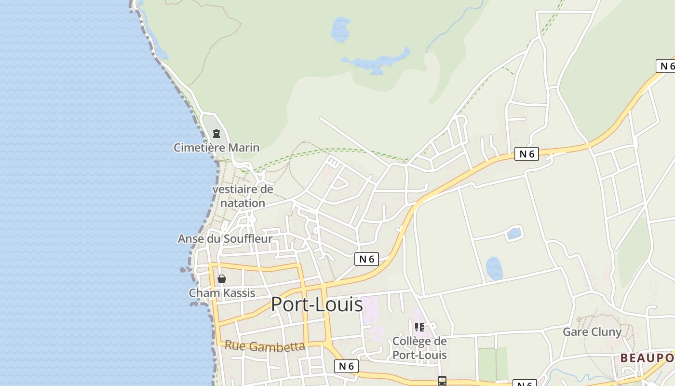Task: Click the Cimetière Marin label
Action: [216, 148]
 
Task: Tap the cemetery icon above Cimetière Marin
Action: [216, 134]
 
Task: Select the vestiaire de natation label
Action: [243, 196]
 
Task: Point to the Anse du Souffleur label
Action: [225, 239]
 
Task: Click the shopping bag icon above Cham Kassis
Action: [222, 279]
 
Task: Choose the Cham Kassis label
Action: [222, 293]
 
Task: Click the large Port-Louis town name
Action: [316, 304]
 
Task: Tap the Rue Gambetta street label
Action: [265, 346]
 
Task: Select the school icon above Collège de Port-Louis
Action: [419, 327]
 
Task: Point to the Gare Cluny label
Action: [592, 332]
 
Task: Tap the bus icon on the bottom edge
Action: [442, 381]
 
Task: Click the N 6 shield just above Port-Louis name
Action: [366, 259]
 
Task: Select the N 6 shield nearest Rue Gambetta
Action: [346, 366]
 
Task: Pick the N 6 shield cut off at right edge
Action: [666, 66]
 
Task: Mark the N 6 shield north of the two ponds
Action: [526, 154]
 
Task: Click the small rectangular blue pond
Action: [514, 234]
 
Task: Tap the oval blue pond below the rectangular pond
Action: [494, 268]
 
